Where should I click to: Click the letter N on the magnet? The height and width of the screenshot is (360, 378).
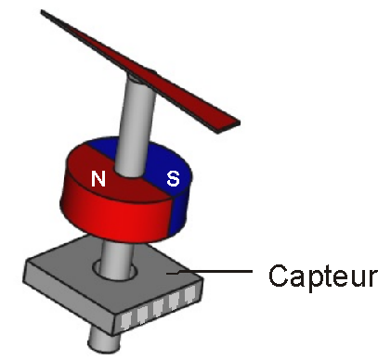click(98, 178)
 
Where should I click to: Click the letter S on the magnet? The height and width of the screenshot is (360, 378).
click(173, 178)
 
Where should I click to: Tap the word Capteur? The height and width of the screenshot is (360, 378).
click(321, 276)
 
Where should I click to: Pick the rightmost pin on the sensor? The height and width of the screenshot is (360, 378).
click(192, 297)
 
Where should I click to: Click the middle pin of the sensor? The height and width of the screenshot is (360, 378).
click(159, 309)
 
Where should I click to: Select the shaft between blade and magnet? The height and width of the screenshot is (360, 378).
click(136, 111)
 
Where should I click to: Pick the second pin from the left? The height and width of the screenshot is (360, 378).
click(141, 315)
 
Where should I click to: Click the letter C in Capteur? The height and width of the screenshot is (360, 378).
click(278, 276)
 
